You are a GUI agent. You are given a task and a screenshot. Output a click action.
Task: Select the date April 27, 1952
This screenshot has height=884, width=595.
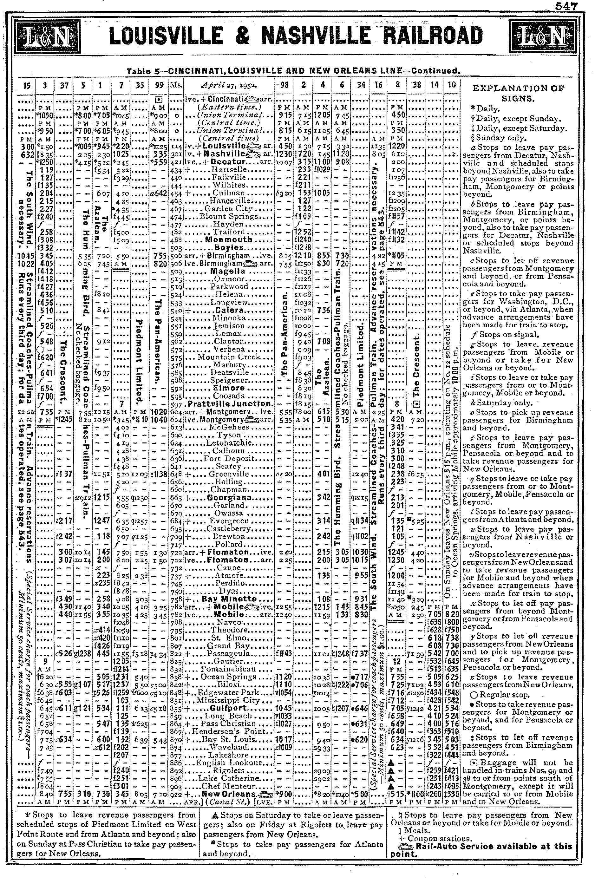point(228,85)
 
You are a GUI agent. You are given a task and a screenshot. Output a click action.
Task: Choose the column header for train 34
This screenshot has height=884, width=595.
point(361,85)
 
